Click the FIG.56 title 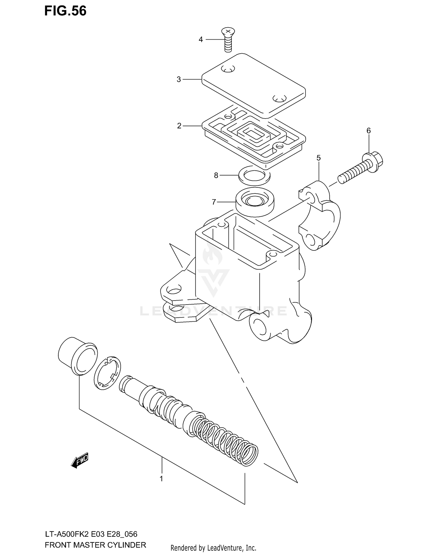(65, 11)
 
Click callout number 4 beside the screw (201, 40)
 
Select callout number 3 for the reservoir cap (179, 79)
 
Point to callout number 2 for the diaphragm (179, 126)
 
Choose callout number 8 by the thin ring (216, 176)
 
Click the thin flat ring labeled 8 (254, 177)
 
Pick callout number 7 (214, 202)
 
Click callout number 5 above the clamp (319, 158)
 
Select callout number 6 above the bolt (369, 131)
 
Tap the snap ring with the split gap (107, 373)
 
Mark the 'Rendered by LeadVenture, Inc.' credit (213, 548)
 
